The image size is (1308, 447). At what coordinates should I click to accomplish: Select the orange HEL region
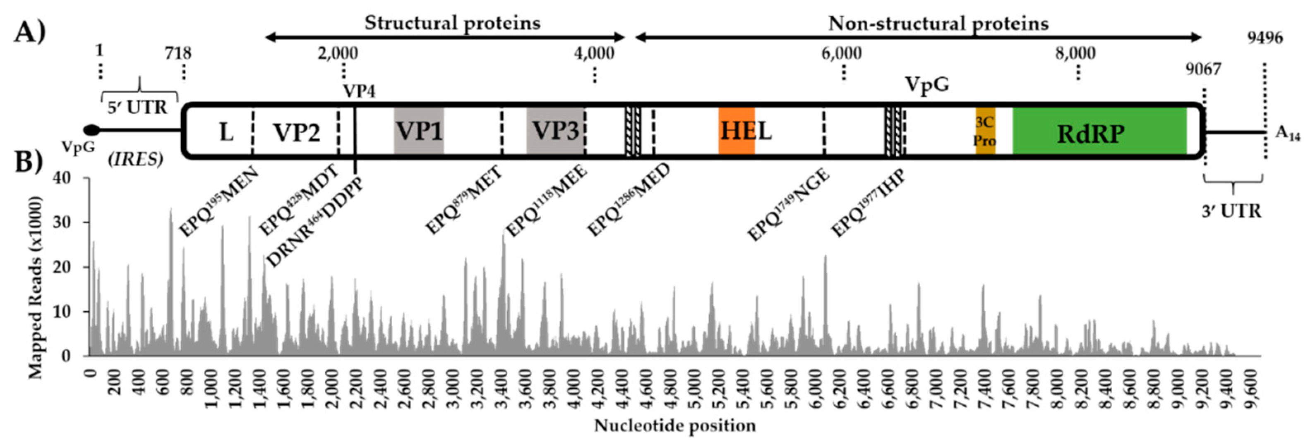[x=736, y=131]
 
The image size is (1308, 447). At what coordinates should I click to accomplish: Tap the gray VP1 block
[x=419, y=131]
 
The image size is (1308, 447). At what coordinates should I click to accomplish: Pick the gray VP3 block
[x=555, y=131]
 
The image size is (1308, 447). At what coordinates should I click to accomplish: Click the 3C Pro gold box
[x=985, y=131]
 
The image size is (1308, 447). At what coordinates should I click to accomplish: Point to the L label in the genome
[x=226, y=132]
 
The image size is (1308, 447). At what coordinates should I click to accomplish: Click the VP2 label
[x=297, y=132]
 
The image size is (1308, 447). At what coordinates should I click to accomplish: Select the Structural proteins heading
[x=452, y=23]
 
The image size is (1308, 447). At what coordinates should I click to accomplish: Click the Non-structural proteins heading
[x=938, y=23]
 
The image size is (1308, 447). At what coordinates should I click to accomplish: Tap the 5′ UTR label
[x=137, y=108]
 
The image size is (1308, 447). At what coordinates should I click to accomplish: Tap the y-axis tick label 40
[x=74, y=178]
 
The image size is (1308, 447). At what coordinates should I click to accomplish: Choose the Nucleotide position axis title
[x=675, y=425]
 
